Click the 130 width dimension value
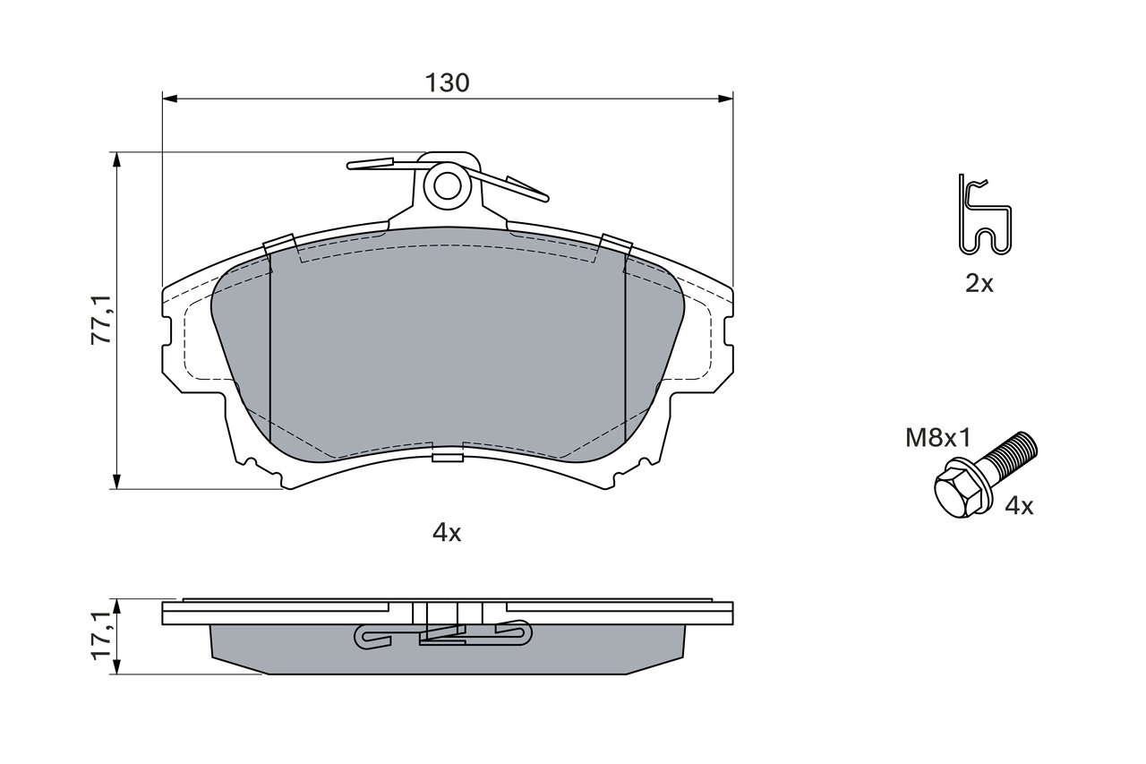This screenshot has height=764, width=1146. (x=447, y=83)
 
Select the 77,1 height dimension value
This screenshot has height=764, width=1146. (x=104, y=320)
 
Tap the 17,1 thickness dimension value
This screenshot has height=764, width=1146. (x=104, y=636)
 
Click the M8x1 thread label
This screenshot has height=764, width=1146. (x=937, y=438)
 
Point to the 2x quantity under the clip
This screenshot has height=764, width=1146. (x=979, y=285)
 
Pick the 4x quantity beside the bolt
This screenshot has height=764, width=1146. (x=1019, y=506)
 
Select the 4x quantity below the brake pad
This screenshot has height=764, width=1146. (x=447, y=533)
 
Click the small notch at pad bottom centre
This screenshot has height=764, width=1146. (x=447, y=458)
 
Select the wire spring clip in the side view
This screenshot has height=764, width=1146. (x=443, y=635)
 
